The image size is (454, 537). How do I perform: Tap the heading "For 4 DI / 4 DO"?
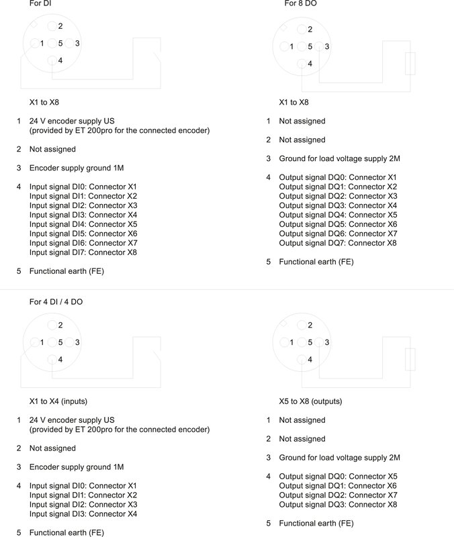(x=56, y=302)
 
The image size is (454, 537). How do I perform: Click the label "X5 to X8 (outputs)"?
(x=310, y=401)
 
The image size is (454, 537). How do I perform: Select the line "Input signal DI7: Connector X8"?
(x=83, y=252)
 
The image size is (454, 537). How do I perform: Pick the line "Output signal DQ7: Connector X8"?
(x=338, y=243)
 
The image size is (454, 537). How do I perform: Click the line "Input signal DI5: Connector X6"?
(x=83, y=234)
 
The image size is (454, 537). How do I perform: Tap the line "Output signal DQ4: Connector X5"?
(x=338, y=215)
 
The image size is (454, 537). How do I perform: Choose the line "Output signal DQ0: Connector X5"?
(x=338, y=476)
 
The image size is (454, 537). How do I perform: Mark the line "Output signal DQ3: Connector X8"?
(x=338, y=504)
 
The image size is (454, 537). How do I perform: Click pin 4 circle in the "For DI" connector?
(x=52, y=60)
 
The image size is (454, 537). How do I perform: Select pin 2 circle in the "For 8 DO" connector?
(x=302, y=29)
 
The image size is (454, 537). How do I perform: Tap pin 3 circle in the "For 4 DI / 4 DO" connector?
(x=69, y=342)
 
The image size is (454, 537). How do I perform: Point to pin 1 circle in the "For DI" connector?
(x=34, y=44)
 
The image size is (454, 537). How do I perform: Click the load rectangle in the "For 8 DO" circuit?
(x=411, y=63)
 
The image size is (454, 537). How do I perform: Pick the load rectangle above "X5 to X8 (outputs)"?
(x=411, y=359)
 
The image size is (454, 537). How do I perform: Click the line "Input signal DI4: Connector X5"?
(x=83, y=224)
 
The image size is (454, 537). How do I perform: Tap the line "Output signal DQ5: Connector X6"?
(x=338, y=224)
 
